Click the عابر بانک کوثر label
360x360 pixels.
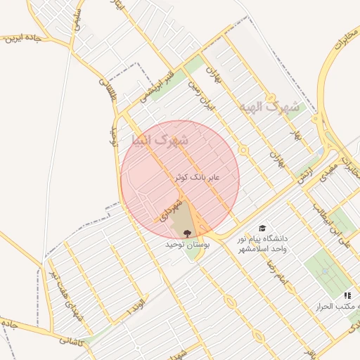(x=198, y=178)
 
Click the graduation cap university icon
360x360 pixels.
(x=262, y=229)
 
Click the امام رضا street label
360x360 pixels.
(x=273, y=269)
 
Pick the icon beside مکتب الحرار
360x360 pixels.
(x=347, y=296)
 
